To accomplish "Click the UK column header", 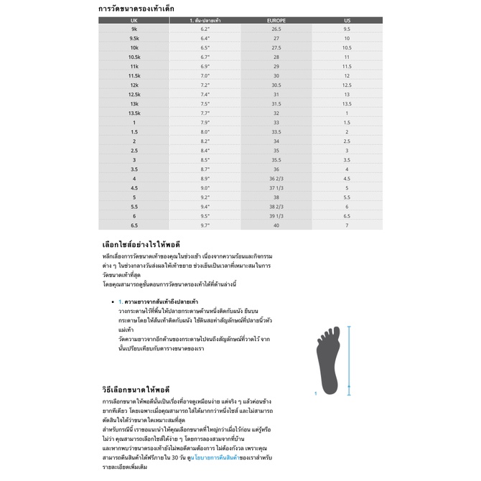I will [x=134, y=21].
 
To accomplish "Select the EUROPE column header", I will [x=276, y=21].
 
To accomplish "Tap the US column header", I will [x=347, y=21].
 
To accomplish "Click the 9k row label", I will [x=134, y=29].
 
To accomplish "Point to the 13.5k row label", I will [x=134, y=113].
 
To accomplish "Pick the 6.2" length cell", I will [x=205, y=29].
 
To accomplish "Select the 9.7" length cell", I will [x=205, y=225].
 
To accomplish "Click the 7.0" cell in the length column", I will [x=205, y=76].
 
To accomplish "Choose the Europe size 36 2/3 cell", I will [x=276, y=179].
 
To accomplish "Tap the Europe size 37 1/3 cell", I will [x=276, y=188].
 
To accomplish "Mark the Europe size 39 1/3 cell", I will [x=276, y=216].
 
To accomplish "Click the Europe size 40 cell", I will [x=276, y=225].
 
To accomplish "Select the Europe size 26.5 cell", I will [x=276, y=29].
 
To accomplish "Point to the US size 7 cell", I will [x=347, y=225].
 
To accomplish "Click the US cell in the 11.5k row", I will [x=347, y=76].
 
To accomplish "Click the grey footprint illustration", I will [x=330, y=359].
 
